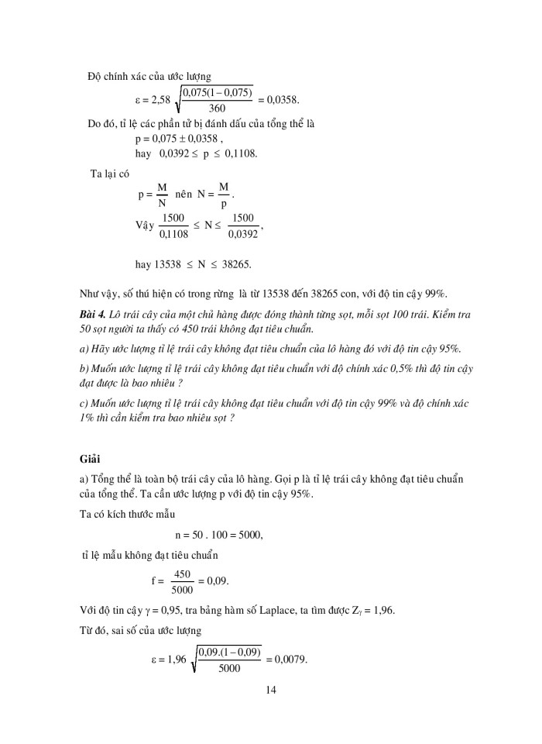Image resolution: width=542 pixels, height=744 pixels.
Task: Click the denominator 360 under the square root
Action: click(x=217, y=108)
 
